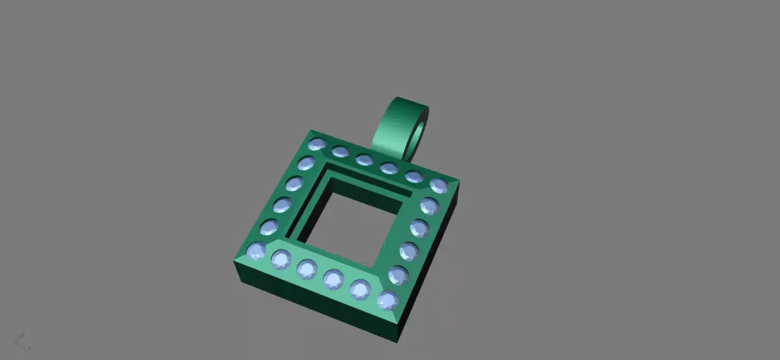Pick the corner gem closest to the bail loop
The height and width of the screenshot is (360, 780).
[x=438, y=185]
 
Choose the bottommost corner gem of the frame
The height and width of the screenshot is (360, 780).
[x=387, y=300]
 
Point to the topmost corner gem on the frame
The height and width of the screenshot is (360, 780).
[x=317, y=144]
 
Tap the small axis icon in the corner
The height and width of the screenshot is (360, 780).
[x=21, y=341]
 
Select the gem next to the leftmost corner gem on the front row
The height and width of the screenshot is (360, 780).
[x=281, y=259]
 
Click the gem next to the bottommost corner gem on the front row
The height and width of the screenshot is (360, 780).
[x=361, y=290]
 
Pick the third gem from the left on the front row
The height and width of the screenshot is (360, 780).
[x=307, y=268]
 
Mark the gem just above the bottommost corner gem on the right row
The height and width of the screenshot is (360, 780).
[x=398, y=275]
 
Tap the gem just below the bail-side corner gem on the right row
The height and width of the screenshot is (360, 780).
[x=429, y=206]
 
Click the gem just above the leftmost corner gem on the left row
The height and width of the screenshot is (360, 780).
[x=269, y=227]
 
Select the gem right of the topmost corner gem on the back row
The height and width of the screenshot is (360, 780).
[x=340, y=151]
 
